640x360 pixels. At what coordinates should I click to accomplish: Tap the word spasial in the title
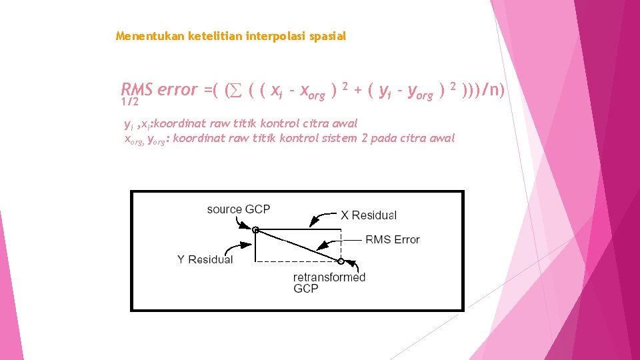327,36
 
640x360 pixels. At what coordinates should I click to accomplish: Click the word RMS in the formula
137,89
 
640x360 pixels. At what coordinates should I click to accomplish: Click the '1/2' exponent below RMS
130,103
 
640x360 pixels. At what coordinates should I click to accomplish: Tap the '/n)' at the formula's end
494,89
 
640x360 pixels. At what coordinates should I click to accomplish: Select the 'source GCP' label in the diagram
238,209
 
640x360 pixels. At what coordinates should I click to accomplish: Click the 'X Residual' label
368,215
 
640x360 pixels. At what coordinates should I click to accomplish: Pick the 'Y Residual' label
205,259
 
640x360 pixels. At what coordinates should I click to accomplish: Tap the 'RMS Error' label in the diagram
392,240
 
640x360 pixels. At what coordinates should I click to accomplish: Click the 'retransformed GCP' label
329,282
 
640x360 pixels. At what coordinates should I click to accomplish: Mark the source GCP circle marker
256,230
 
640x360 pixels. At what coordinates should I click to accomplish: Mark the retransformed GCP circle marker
341,261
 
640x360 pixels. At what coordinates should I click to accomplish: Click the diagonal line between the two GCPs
298,245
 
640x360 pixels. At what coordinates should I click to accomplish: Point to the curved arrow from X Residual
323,217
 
